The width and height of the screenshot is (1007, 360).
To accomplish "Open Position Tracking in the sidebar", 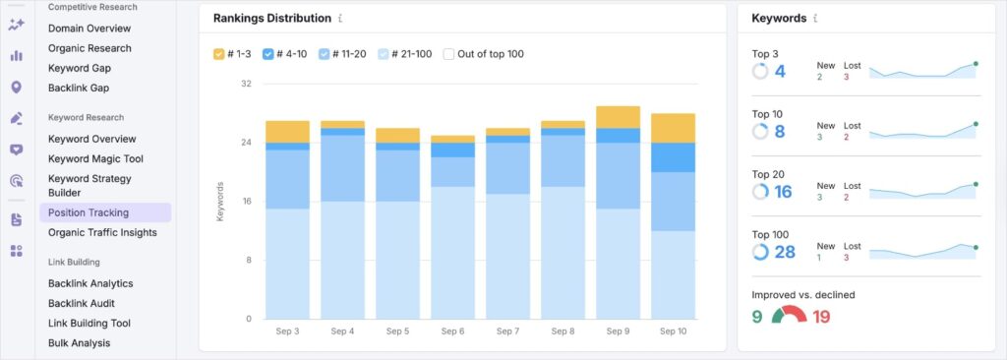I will tap(89, 212).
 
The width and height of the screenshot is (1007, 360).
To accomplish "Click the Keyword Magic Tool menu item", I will tap(95, 158).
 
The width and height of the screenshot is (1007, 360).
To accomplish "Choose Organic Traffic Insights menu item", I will tap(102, 232).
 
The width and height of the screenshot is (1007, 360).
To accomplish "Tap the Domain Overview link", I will tap(89, 29).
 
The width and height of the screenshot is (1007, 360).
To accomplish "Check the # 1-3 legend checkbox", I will tap(219, 54).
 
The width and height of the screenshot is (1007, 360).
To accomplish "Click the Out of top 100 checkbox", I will tap(448, 54).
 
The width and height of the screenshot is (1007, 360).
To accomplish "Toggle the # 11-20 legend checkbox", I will tap(325, 54).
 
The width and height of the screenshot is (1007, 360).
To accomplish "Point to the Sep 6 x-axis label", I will tap(453, 332).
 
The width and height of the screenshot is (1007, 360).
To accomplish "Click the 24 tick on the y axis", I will tap(246, 143).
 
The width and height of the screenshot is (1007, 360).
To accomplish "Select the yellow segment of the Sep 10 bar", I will tap(673, 128).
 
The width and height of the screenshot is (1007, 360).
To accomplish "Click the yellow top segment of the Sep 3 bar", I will tap(287, 132).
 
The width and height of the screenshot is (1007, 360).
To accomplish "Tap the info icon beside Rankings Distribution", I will tap(340, 19).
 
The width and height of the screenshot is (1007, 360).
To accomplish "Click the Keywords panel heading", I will tap(779, 18).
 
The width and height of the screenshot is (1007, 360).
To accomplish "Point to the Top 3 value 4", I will tap(780, 72).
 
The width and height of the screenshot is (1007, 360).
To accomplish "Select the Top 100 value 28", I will tap(785, 252).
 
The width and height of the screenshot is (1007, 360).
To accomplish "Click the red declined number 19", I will tap(822, 317).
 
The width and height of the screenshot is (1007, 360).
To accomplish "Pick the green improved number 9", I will tap(757, 317).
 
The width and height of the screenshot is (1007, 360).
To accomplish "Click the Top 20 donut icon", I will tap(760, 192).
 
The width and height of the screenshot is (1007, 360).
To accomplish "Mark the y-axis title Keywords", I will tap(219, 201).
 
